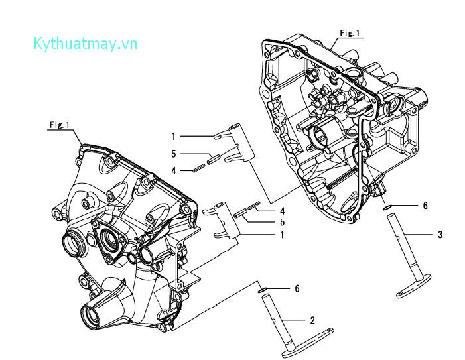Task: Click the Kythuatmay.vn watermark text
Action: tap(85, 44)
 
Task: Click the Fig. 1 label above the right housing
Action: tap(349, 32)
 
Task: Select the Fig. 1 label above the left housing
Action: tap(59, 125)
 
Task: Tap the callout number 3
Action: tap(440, 235)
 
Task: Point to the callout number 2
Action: tap(312, 320)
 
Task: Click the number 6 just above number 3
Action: tap(425, 206)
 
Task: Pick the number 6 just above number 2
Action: tap(298, 288)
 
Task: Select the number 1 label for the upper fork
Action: tap(173, 136)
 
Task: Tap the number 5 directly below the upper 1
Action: tap(173, 153)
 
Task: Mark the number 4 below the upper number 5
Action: tap(173, 170)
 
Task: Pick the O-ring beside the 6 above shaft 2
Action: tap(263, 290)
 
